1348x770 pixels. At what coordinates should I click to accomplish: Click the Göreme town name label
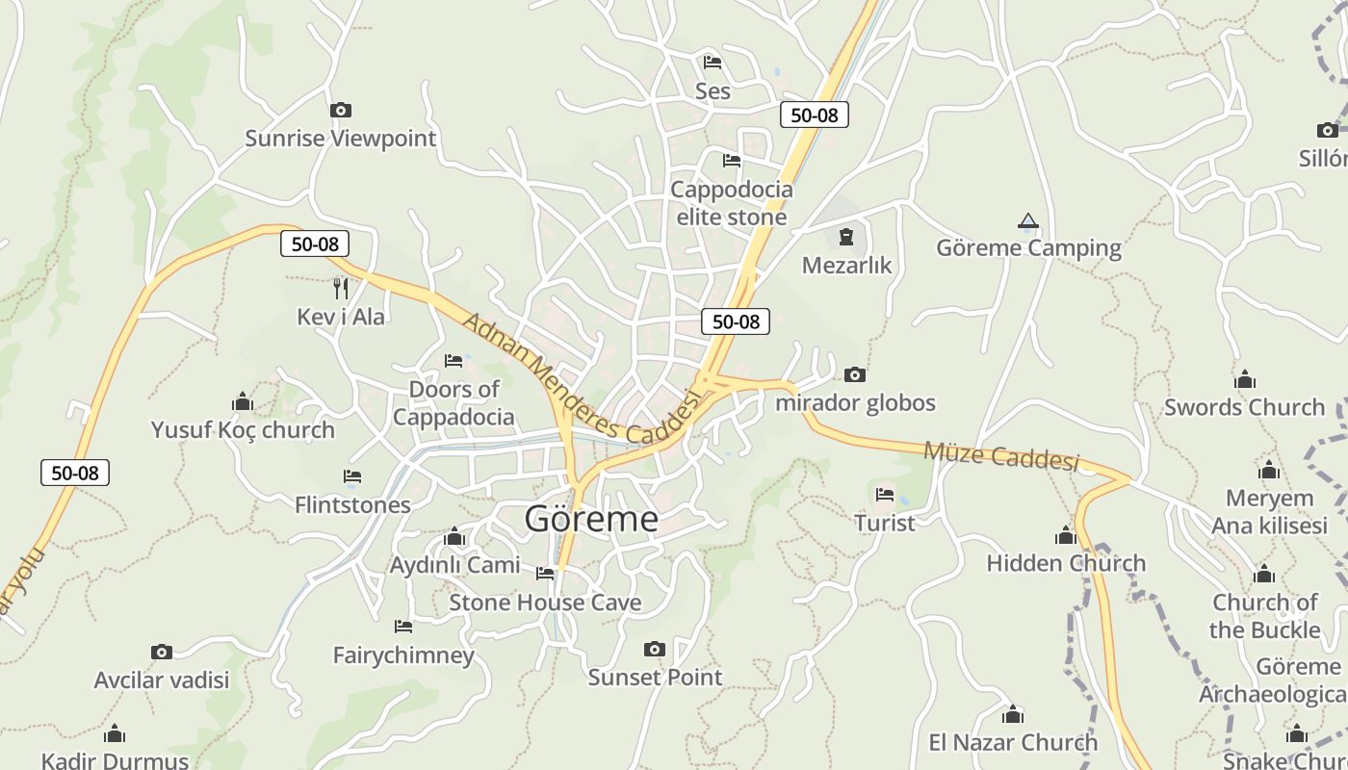[x=591, y=519]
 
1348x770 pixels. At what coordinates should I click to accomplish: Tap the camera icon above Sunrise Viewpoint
[x=340, y=111]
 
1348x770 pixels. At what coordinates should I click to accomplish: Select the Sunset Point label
[x=655, y=677]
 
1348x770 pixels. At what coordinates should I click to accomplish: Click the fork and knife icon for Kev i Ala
[x=340, y=288]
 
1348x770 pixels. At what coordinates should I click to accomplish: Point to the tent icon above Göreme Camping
[x=1028, y=222]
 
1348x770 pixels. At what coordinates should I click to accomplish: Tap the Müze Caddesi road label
[x=1000, y=455]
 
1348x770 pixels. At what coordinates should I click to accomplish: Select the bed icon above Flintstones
[x=352, y=476]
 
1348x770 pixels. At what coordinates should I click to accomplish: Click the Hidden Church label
[x=1066, y=563]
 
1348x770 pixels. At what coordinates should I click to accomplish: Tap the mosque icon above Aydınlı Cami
[x=454, y=536]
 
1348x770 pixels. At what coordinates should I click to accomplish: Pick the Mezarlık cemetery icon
[x=846, y=236]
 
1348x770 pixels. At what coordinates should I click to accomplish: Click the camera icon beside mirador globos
[x=854, y=374]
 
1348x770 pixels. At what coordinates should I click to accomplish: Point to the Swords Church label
[x=1244, y=407]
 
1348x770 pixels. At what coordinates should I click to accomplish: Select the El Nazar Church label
[x=1012, y=742]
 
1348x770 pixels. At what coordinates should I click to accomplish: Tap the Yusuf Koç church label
[x=243, y=429]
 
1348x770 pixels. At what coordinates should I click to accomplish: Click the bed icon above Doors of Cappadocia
[x=454, y=361]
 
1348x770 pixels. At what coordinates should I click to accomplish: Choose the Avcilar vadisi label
[x=162, y=680]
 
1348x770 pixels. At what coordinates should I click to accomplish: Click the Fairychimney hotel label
[x=403, y=655]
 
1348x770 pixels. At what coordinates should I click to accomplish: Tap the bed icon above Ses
[x=713, y=63]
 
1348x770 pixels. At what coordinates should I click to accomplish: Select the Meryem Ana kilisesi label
[x=1269, y=512]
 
